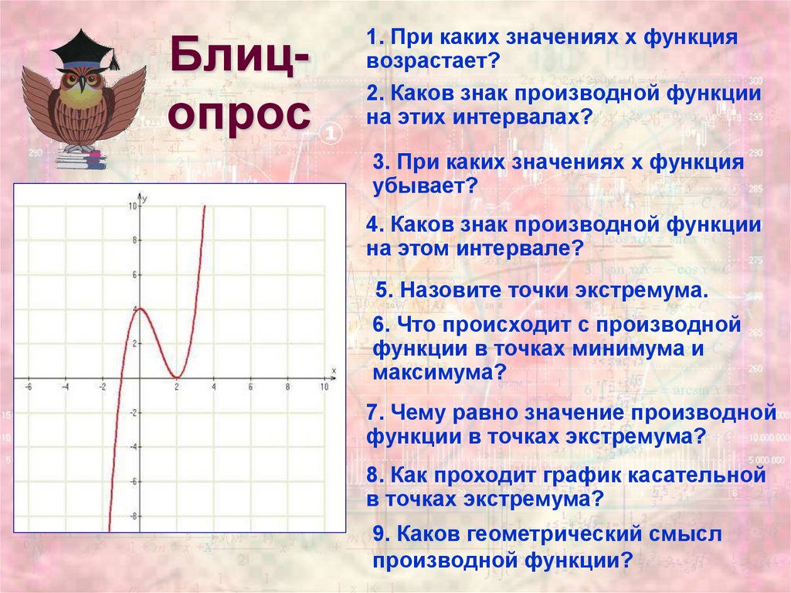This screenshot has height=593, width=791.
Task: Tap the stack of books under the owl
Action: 80,158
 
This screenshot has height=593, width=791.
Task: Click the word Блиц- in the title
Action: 239,56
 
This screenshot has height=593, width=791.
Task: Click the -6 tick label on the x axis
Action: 29,387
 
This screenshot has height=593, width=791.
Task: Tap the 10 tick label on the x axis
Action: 324,387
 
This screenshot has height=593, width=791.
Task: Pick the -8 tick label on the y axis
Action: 133,516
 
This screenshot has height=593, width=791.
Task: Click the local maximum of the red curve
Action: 140,308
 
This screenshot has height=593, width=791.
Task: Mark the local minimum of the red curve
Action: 177,377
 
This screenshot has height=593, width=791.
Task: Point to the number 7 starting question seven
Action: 373,412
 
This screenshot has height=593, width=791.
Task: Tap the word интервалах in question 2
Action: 521,118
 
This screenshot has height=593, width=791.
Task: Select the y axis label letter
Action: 145,199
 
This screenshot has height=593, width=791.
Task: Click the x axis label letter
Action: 333,371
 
